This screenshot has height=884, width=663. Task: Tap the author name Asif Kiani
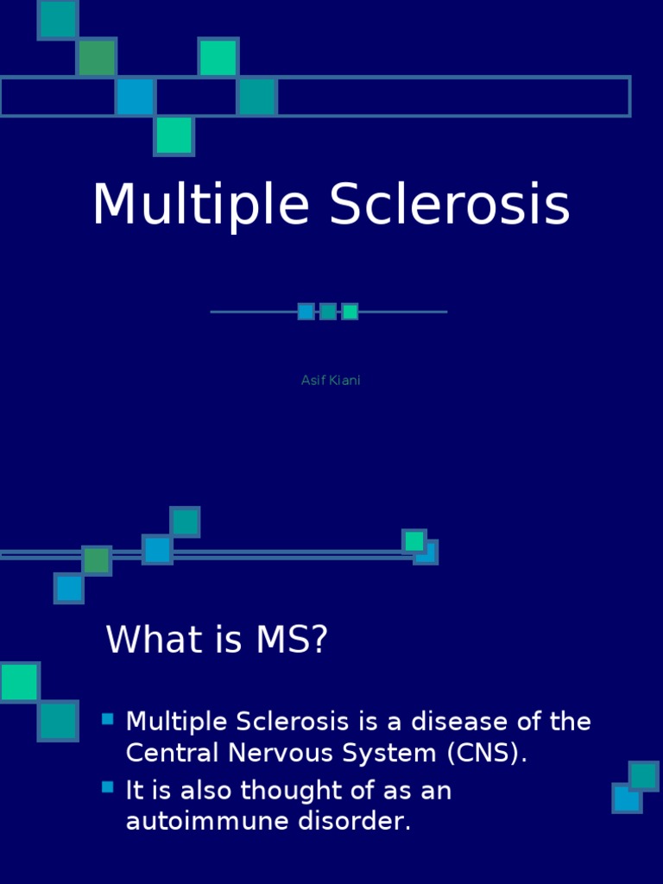tap(331, 381)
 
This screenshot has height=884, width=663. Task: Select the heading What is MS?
tap(217, 641)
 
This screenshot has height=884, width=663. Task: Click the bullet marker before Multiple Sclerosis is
tap(108, 718)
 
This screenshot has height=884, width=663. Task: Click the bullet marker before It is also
tap(108, 786)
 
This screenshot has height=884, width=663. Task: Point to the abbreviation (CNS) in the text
tap(487, 754)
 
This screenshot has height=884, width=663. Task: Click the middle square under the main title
tap(328, 312)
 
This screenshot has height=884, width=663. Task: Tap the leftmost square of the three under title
tap(306, 312)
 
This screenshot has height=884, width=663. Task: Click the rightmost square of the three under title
tap(350, 312)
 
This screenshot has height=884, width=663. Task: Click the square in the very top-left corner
tap(58, 19)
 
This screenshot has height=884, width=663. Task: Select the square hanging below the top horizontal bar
tap(174, 136)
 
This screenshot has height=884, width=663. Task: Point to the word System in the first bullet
tap(397, 754)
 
